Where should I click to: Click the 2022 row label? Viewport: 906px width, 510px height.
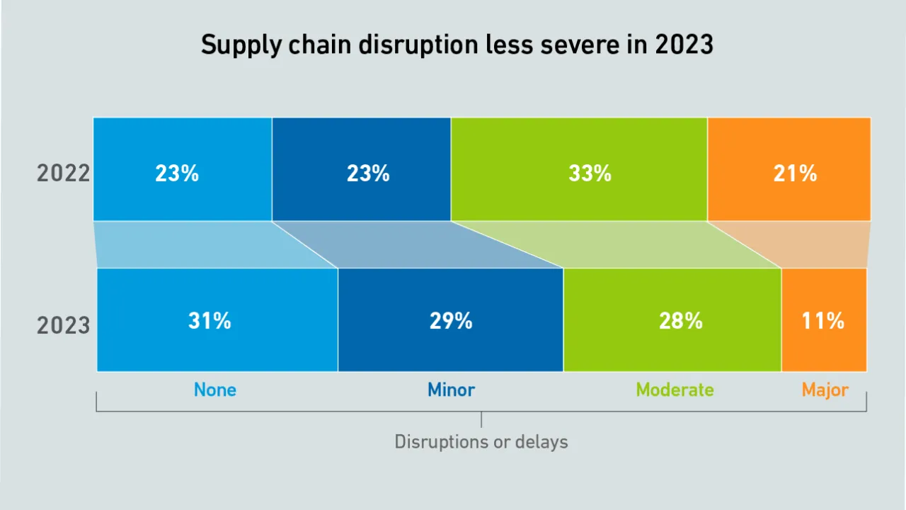pyautogui.click(x=64, y=173)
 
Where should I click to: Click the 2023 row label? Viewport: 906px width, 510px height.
pyautogui.click(x=64, y=325)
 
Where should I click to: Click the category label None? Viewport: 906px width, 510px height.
pyautogui.click(x=215, y=390)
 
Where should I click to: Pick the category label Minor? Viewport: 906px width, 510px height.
pyautogui.click(x=451, y=390)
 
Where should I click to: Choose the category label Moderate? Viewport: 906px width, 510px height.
pyautogui.click(x=675, y=390)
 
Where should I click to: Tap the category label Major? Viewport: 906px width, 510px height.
pyautogui.click(x=825, y=390)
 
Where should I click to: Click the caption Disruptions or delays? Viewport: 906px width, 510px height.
pyautogui.click(x=481, y=442)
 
